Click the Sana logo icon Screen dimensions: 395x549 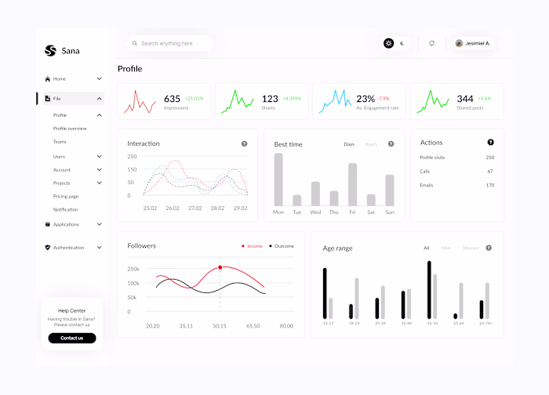(x=51, y=51)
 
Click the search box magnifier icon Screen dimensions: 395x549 (x=136, y=44)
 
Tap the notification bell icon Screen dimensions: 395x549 (x=431, y=43)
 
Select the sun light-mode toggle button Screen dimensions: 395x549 (x=388, y=43)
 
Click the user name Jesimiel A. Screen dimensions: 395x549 (x=477, y=44)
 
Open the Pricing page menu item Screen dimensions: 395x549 (x=66, y=196)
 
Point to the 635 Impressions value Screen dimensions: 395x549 (x=172, y=99)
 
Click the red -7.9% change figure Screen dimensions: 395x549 (x=383, y=99)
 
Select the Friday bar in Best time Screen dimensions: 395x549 (x=352, y=184)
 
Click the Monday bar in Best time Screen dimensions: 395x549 (x=278, y=179)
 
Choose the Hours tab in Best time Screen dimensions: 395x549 (x=370, y=144)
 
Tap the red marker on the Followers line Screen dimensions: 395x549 (x=220, y=267)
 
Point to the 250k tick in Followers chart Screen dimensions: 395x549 (x=133, y=269)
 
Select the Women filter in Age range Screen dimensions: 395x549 (x=471, y=248)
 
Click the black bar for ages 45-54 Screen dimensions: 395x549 (x=429, y=290)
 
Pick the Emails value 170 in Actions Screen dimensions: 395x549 (x=489, y=185)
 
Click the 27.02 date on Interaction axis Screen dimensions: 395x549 (x=195, y=208)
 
